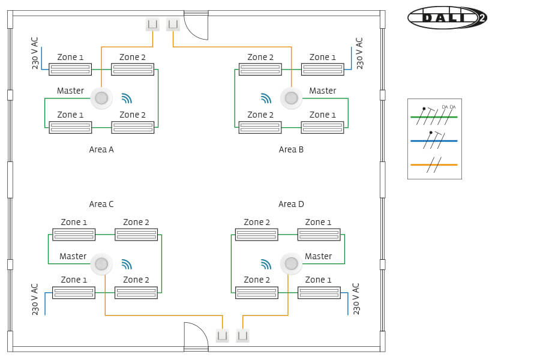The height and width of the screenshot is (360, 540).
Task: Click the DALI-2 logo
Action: tap(446, 17)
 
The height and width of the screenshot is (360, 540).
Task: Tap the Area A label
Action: tap(101, 149)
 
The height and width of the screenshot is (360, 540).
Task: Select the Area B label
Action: tap(291, 149)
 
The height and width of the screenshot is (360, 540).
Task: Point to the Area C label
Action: tap(101, 204)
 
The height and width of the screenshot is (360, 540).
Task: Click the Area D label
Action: tap(291, 204)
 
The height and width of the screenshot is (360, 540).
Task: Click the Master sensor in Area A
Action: tap(101, 98)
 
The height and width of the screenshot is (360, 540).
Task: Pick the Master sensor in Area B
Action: tap(291, 98)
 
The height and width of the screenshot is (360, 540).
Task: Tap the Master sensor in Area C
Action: tap(101, 263)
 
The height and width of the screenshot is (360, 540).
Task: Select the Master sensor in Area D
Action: tap(291, 263)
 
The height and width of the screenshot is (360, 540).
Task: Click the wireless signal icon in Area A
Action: tap(126, 98)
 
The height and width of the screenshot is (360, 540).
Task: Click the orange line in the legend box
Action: tap(434, 164)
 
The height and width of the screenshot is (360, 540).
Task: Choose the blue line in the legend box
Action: tap(434, 141)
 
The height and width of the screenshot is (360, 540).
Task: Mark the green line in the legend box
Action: tap(434, 117)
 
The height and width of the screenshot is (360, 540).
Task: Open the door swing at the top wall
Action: tap(196, 27)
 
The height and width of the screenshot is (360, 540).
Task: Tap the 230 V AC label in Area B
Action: tap(359, 53)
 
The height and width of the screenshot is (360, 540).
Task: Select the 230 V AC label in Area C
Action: tap(35, 299)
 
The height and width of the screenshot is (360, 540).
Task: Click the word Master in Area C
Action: tap(73, 256)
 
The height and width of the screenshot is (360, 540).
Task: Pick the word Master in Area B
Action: tap(322, 91)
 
